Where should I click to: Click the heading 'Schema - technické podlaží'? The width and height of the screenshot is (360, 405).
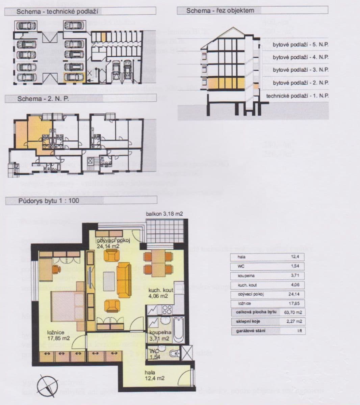point(57,11)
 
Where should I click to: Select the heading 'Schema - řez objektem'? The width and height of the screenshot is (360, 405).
point(220,11)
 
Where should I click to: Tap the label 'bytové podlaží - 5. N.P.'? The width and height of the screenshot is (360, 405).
point(301,45)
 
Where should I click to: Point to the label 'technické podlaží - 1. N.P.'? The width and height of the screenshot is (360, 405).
point(297,96)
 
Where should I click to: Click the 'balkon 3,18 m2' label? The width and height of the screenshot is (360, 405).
point(164,214)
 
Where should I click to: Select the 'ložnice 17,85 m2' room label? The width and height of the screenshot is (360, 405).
point(58,335)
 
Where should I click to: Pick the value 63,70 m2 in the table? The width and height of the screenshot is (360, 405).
point(292,312)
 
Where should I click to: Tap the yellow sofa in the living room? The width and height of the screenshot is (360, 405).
point(124,275)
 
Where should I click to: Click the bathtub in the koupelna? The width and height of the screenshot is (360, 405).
point(178,329)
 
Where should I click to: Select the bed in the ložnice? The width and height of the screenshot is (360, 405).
point(67,305)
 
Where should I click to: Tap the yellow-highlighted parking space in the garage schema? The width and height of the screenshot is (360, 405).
point(74,77)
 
